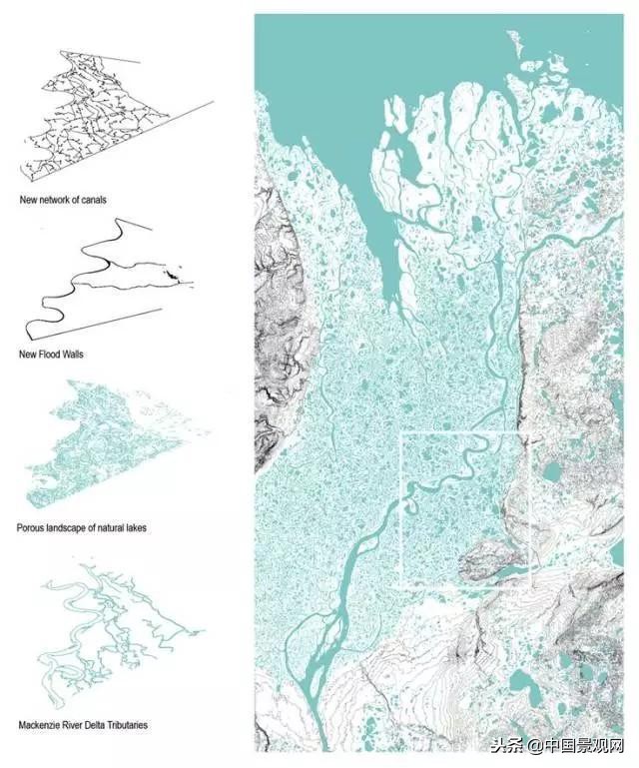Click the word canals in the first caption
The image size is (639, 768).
[x=91, y=200]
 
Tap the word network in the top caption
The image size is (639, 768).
[x=53, y=200]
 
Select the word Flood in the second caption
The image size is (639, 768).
[x=48, y=355]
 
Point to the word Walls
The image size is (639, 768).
[x=70, y=355]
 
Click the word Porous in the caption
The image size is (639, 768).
[x=31, y=525]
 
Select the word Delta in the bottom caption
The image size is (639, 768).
[x=94, y=724]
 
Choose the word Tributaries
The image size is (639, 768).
[x=127, y=724]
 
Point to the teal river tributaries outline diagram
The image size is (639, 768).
[x=110, y=619]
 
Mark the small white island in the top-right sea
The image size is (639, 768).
[x=515, y=41]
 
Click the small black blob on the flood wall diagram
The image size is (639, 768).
[x=173, y=273]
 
